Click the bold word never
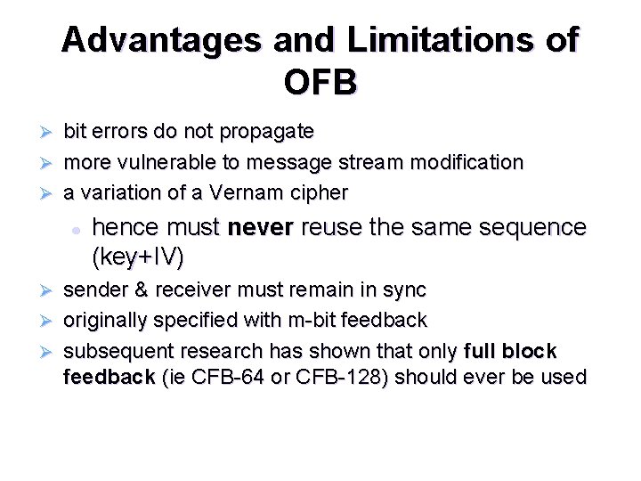click(260, 227)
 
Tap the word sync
click(407, 290)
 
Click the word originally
click(106, 320)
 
